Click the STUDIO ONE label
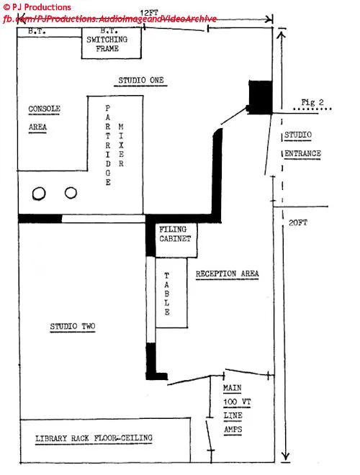tap(141, 81)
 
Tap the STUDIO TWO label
tap(73, 326)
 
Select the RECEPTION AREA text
tap(228, 274)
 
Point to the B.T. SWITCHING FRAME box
tap(111, 43)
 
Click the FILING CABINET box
tap(176, 240)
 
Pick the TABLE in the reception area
tap(171, 293)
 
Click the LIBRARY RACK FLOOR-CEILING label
tap(94, 438)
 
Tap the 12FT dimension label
tap(149, 13)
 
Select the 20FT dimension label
tap(298, 222)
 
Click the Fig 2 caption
tap(312, 102)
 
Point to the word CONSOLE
tap(44, 109)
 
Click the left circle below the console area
tap(39, 194)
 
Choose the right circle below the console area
tap(71, 192)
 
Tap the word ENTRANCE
tap(302, 153)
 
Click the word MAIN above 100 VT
tap(233, 388)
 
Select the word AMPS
tap(233, 429)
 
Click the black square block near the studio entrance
tap(261, 97)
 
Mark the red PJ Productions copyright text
tap(37, 7)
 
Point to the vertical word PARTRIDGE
tap(108, 145)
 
